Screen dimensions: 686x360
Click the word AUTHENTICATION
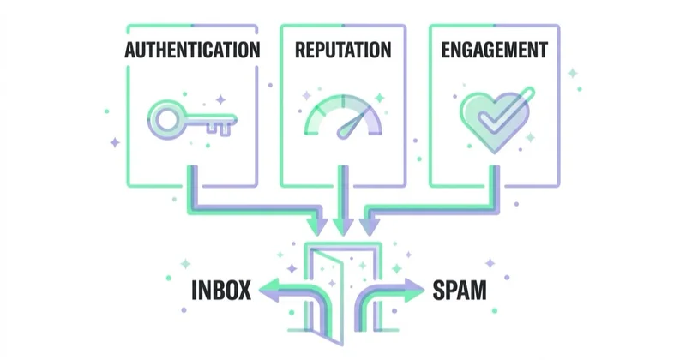pyautogui.click(x=192, y=50)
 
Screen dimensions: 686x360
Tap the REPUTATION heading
pyautogui.click(x=343, y=50)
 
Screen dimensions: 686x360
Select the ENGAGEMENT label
pyautogui.click(x=495, y=50)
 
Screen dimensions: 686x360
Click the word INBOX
pyautogui.click(x=221, y=290)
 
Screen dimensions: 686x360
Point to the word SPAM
pyautogui.click(x=460, y=290)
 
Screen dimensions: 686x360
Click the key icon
pyautogui.click(x=192, y=120)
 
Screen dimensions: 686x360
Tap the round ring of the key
pyautogui.click(x=166, y=120)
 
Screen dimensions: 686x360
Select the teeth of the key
pyautogui.click(x=219, y=129)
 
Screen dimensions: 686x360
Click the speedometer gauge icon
pyautogui.click(x=343, y=117)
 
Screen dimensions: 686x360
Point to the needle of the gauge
pyautogui.click(x=352, y=124)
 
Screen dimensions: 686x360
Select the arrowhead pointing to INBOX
pyautogui.click(x=269, y=290)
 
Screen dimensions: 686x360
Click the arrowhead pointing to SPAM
pyautogui.click(x=414, y=290)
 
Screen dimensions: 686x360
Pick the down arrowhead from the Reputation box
pyautogui.click(x=343, y=226)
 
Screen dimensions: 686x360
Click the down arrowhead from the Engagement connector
pyautogui.click(x=370, y=226)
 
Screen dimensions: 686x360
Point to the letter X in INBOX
pyautogui.click(x=244, y=290)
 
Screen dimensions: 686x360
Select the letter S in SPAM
pyautogui.click(x=439, y=290)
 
